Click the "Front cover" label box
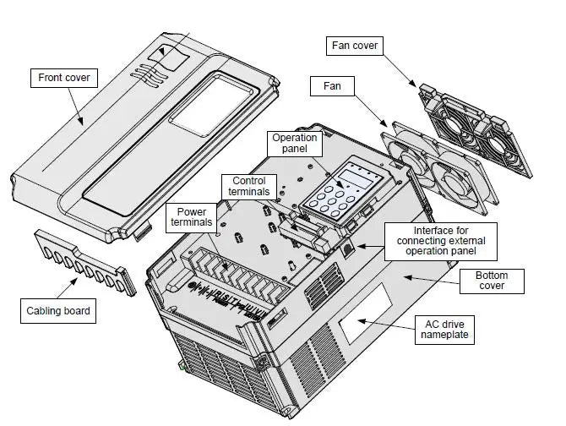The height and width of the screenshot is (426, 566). pyautogui.click(x=64, y=79)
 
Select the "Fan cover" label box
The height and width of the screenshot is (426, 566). pyautogui.click(x=353, y=45)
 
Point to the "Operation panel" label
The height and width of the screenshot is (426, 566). pyautogui.click(x=295, y=144)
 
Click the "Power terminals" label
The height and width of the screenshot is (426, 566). pyautogui.click(x=191, y=217)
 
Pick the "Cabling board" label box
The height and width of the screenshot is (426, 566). pyautogui.click(x=57, y=311)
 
